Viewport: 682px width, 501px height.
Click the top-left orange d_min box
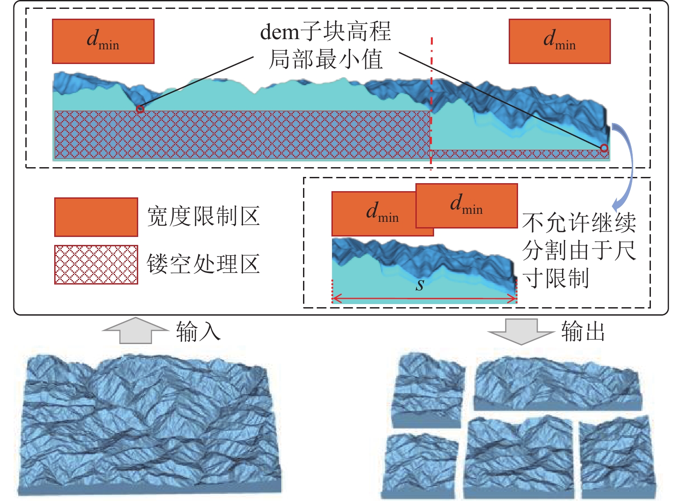click(103, 41)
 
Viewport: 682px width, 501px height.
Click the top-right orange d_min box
click(559, 41)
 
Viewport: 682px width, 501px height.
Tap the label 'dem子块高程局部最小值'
click(326, 46)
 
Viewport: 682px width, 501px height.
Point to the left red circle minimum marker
click(140, 109)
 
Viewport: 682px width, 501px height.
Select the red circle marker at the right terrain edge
click(604, 148)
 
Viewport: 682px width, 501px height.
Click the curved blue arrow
click(626, 164)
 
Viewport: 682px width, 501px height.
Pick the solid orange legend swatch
click(96, 217)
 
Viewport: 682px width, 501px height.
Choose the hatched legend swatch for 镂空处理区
click(96, 265)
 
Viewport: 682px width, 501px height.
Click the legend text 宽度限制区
click(203, 217)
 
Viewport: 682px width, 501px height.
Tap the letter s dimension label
click(420, 285)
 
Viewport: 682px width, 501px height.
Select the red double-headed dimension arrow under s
click(424, 299)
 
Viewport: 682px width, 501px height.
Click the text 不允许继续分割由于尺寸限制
click(578, 250)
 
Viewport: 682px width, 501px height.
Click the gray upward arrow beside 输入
click(135, 331)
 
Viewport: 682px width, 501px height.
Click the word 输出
click(583, 332)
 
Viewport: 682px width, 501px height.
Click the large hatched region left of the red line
click(242, 135)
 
